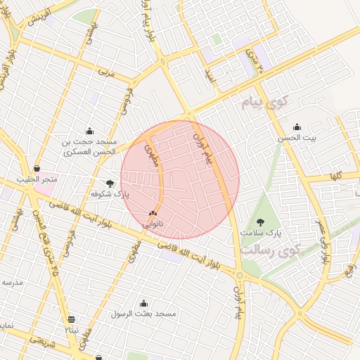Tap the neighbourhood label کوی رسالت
coord(270,250)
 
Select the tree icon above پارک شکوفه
coord(110,183)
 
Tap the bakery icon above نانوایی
coord(153,214)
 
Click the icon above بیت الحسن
coord(297,127)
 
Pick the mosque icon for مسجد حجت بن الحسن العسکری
coord(89,131)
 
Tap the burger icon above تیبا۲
coord(72,319)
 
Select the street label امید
coord(207,72)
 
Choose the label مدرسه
coord(13,282)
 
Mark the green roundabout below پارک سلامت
coord(240,275)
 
